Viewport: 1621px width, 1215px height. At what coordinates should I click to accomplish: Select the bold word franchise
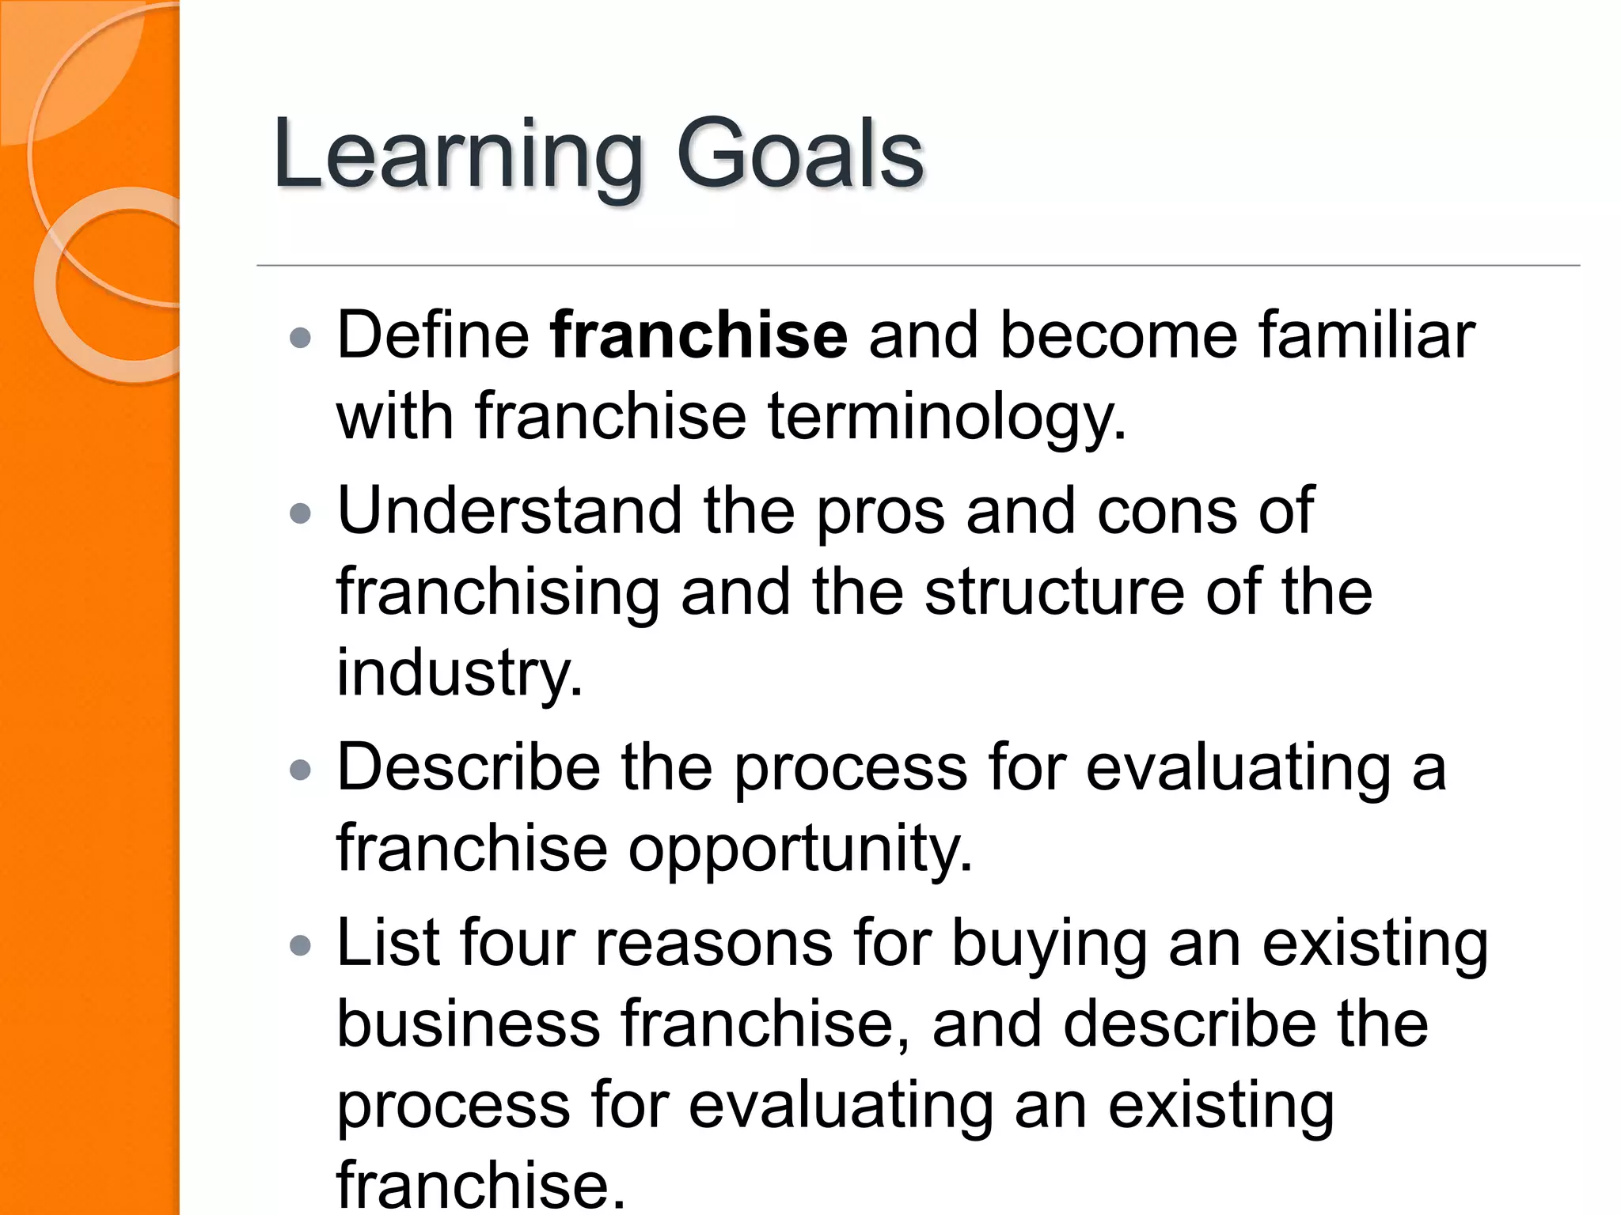(x=699, y=335)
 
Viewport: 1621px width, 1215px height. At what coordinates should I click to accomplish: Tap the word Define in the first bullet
(x=433, y=335)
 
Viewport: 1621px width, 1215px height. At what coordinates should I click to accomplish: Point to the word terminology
(x=947, y=417)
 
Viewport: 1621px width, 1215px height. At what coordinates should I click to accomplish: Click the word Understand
(x=509, y=511)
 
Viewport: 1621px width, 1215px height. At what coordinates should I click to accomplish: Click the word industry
(x=460, y=674)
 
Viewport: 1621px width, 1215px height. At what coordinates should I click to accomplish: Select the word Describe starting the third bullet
(x=469, y=767)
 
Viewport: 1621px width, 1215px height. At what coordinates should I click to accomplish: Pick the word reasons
(x=714, y=944)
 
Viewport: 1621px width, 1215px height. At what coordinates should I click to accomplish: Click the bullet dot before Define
(x=301, y=339)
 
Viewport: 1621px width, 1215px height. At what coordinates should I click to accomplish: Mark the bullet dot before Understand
(x=301, y=515)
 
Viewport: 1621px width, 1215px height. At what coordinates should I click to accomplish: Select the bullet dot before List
(x=301, y=945)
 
